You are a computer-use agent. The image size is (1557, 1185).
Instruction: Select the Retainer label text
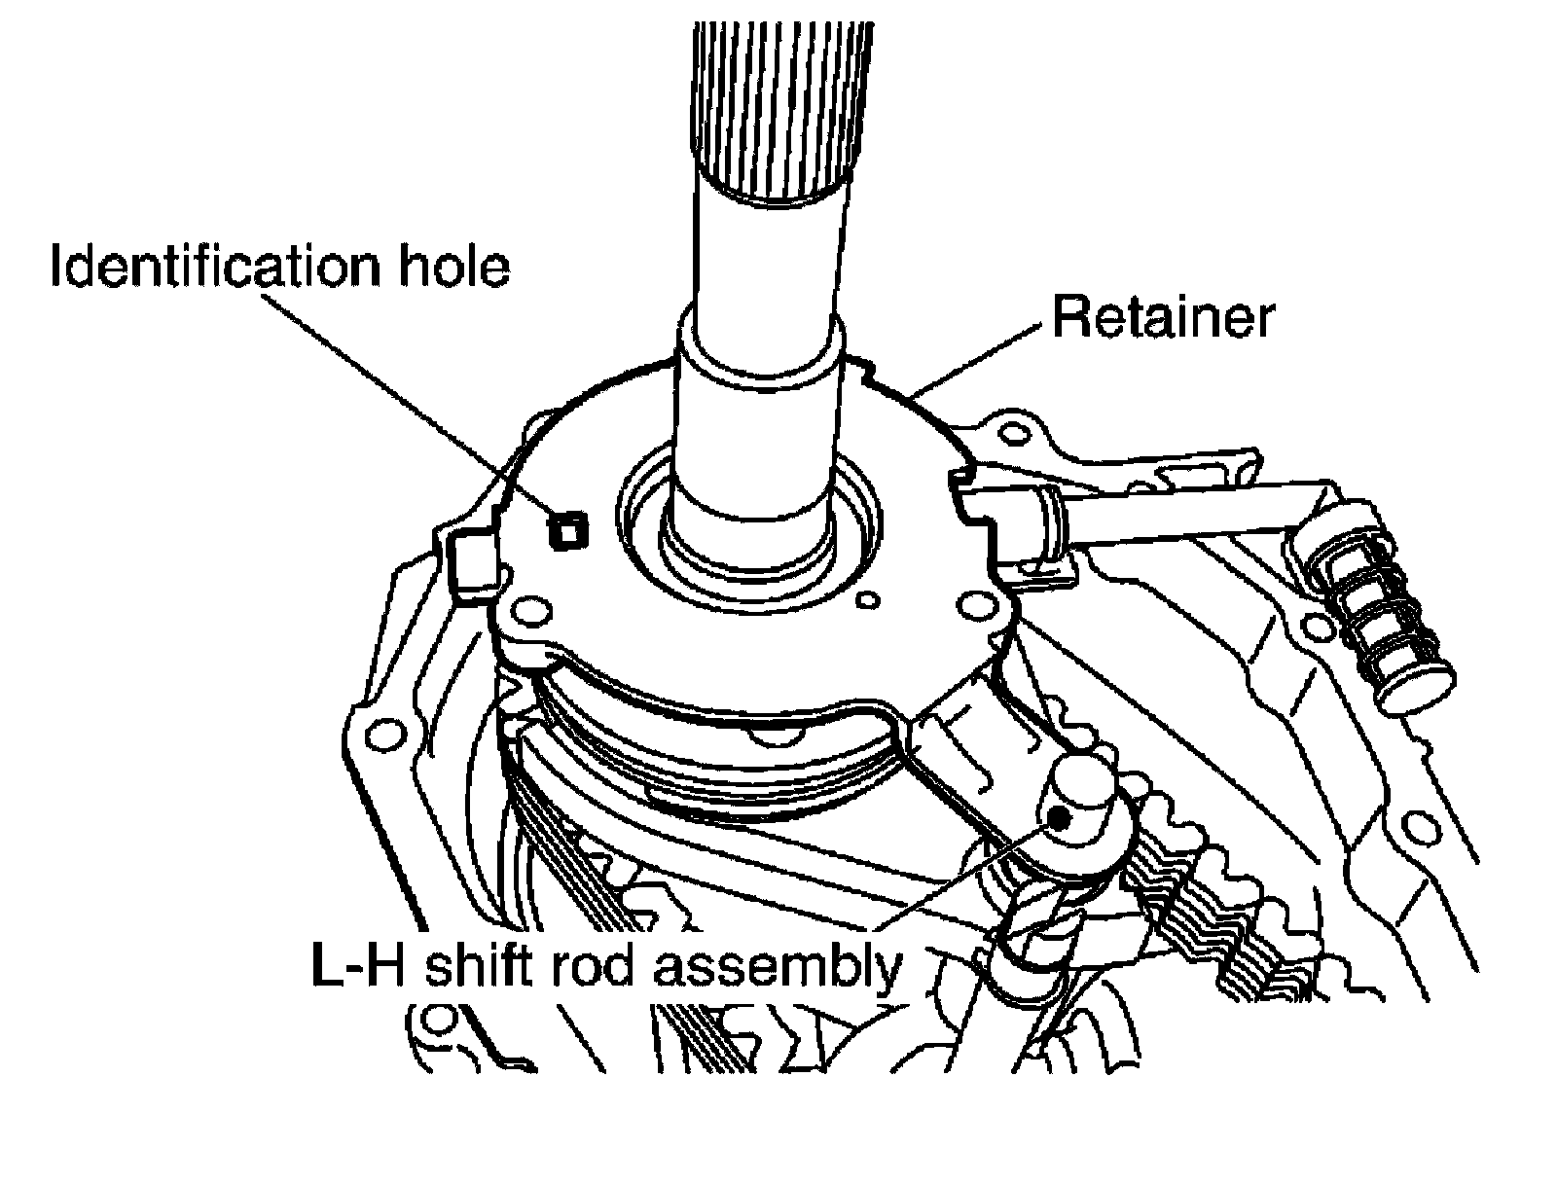tap(1162, 317)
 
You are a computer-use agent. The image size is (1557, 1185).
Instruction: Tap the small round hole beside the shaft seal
tap(869, 601)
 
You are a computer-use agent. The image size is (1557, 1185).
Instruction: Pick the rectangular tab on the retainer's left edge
tap(472, 564)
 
